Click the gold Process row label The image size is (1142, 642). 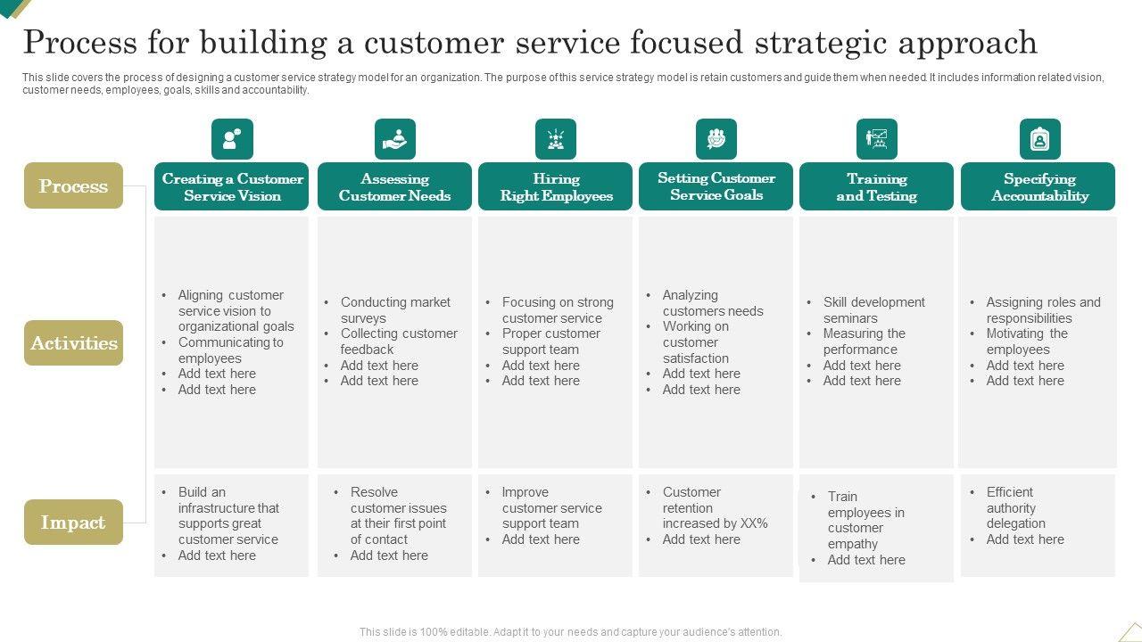click(x=73, y=185)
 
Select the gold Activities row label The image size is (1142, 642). click(x=73, y=343)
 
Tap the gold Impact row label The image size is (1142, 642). click(x=73, y=523)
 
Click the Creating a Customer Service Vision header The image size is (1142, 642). click(x=232, y=187)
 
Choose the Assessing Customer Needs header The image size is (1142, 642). click(x=394, y=187)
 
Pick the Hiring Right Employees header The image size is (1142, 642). click(x=556, y=187)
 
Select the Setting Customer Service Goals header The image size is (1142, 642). click(x=716, y=186)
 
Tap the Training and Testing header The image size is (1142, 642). click(x=876, y=187)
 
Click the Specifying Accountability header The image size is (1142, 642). click(x=1039, y=187)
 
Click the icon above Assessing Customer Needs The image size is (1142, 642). click(x=394, y=139)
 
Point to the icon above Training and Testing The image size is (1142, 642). click(x=876, y=139)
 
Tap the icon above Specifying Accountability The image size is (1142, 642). click(x=1039, y=139)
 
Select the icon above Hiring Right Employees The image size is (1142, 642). click(x=556, y=139)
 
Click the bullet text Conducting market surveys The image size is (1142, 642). click(x=394, y=310)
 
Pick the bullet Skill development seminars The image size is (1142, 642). click(x=873, y=310)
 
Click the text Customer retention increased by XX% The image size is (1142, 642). click(x=714, y=507)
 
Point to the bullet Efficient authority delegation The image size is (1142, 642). click(x=1014, y=507)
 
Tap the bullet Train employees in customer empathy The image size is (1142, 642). click(x=865, y=520)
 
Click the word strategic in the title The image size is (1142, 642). click(x=807, y=43)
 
